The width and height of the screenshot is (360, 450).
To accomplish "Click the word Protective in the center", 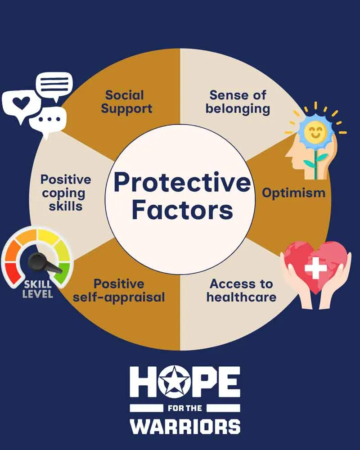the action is point(182,183).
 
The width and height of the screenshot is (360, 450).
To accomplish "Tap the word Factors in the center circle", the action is point(183,210).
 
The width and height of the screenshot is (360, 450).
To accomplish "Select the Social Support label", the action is point(126,102).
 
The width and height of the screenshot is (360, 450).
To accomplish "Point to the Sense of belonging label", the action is point(238,102).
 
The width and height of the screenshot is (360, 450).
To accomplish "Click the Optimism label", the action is point(293,193).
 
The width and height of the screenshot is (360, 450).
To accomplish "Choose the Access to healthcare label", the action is point(241,290).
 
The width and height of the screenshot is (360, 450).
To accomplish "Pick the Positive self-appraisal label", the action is point(118,290).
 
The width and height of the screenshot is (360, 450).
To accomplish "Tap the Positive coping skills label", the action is point(65,193).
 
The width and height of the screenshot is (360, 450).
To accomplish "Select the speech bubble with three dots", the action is point(48,120).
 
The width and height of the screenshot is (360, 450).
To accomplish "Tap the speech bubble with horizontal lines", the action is point(54,85).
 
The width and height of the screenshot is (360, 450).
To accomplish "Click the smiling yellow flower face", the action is point(315,132).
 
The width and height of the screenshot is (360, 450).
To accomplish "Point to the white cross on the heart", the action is point(315,268).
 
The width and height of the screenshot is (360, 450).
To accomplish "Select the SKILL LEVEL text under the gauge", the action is point(38,289).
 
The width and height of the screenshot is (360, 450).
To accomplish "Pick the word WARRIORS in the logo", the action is point(185,427).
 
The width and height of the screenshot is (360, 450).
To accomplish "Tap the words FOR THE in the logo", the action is point(185,408).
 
